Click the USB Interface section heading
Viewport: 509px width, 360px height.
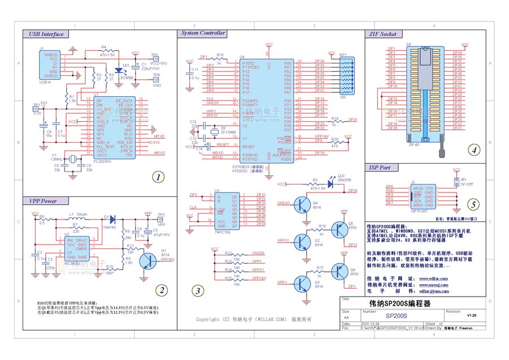click(x=46, y=35)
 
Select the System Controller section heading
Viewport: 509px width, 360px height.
click(x=203, y=33)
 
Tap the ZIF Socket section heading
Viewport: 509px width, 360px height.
click(x=381, y=35)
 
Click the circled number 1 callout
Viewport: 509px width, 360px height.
click(x=158, y=177)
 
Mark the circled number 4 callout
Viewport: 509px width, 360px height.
click(x=475, y=151)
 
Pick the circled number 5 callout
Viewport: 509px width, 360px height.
click(x=474, y=204)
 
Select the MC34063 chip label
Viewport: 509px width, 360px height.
click(x=72, y=264)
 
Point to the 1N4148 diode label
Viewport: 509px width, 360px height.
click(x=111, y=226)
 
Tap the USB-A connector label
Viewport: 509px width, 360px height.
click(x=45, y=83)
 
